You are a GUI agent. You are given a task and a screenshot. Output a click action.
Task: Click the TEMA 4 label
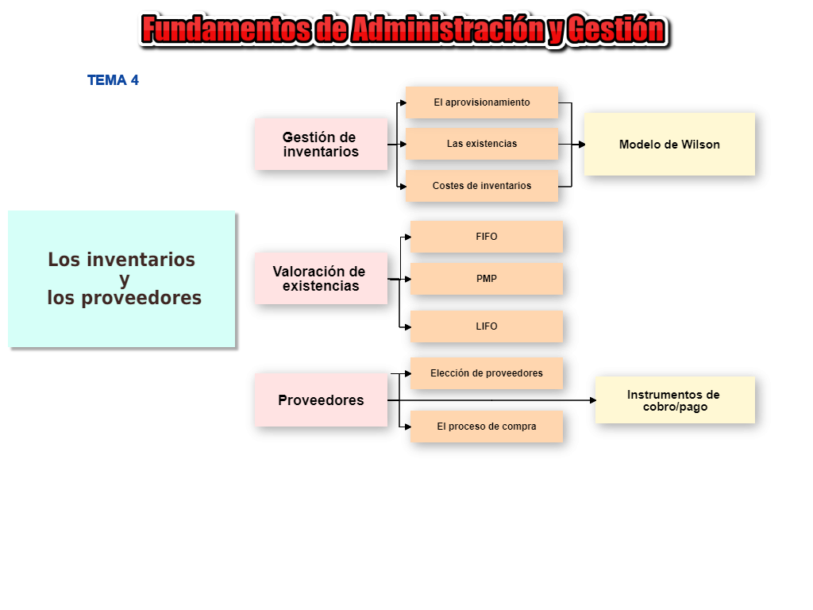[x=113, y=80]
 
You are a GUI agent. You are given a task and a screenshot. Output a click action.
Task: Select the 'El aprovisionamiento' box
[x=482, y=102]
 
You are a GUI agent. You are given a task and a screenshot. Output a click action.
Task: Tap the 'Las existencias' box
[x=482, y=144]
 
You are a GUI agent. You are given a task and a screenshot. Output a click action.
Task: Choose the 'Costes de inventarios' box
[x=482, y=186]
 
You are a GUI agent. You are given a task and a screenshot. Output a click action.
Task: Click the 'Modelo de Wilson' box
[x=669, y=145]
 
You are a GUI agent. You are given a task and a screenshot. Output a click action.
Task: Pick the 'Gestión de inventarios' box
[x=321, y=145]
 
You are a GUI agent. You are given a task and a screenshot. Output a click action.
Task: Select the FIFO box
[x=487, y=237]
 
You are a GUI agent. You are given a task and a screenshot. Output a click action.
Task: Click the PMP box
[x=487, y=279]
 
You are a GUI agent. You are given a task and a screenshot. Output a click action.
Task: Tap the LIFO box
[x=487, y=326]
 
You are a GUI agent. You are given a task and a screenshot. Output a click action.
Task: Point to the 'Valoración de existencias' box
[x=321, y=279]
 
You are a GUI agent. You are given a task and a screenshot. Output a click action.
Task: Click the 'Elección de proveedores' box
[x=487, y=373]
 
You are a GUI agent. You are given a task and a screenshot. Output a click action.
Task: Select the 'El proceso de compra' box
[x=487, y=427]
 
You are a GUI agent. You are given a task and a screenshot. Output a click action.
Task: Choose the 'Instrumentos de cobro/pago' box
[x=674, y=400]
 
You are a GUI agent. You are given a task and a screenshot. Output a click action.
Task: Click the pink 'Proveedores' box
[x=321, y=400]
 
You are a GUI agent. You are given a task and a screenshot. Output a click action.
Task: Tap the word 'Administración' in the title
[x=446, y=30]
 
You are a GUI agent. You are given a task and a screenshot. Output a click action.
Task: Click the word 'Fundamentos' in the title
[x=225, y=30]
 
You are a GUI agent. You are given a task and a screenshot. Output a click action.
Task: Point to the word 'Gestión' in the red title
[x=616, y=30]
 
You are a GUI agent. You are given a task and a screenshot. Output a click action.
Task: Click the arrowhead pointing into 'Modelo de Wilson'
[x=581, y=145]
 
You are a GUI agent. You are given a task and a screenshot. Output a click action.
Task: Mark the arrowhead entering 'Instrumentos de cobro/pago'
[x=592, y=400]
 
